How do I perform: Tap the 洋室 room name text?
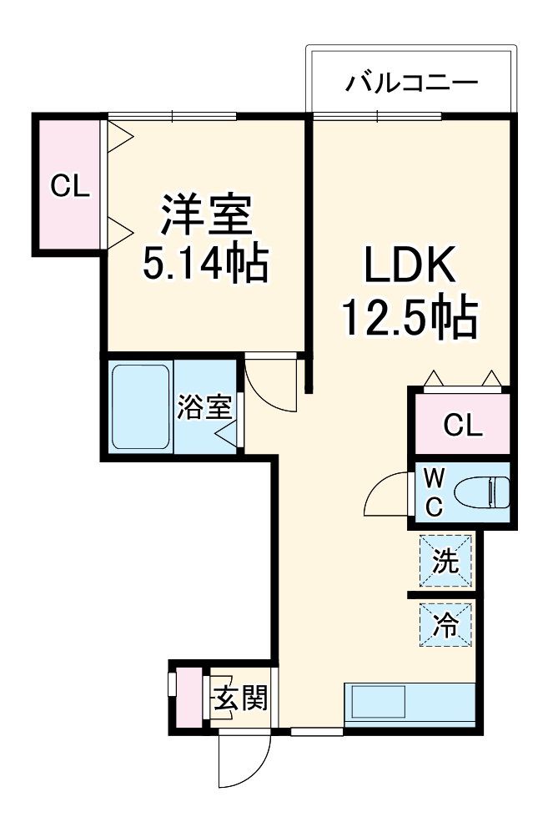coord(206,215)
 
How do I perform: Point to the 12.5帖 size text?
coord(409,317)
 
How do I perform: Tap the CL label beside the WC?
coord(461,426)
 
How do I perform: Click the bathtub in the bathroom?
coord(140,406)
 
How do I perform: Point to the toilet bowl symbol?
coord(484,492)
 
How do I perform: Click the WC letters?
coord(435,492)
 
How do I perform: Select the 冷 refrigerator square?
coord(445,625)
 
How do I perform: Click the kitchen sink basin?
coord(378,702)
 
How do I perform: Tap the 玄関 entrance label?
coord(240,698)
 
